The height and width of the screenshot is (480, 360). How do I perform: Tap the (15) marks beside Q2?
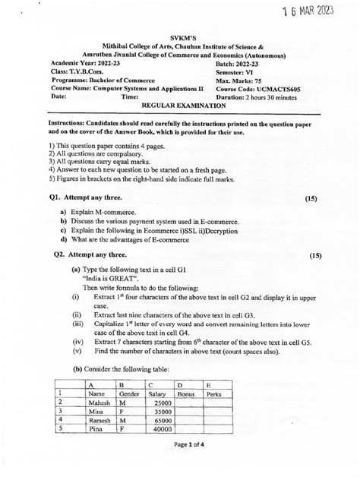317,256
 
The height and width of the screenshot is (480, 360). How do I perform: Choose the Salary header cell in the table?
157,394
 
